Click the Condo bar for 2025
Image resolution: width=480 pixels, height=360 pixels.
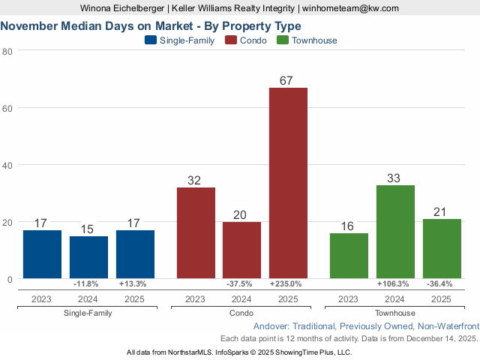tap(288, 183)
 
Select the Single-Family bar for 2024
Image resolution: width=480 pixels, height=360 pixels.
tap(88, 257)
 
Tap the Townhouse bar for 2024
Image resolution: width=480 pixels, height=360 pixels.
tap(395, 232)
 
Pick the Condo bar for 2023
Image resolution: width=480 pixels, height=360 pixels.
tap(196, 233)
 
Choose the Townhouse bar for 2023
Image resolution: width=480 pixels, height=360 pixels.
tap(349, 256)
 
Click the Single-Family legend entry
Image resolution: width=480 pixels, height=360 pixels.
tap(179, 40)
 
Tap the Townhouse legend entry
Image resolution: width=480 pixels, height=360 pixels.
tap(307, 40)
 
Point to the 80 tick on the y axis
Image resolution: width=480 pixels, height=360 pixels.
tap(7, 51)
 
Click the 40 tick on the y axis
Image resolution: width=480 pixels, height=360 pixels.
tap(7, 165)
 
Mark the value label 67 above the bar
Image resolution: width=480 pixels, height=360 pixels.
tap(288, 80)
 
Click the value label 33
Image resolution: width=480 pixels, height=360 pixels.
tap(395, 178)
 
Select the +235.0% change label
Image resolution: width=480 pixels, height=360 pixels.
tap(288, 284)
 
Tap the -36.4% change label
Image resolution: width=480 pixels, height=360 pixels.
tap(442, 284)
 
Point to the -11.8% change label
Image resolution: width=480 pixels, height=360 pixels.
tap(88, 284)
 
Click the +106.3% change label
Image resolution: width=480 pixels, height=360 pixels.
tap(395, 284)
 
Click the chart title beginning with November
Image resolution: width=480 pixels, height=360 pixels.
tap(151, 26)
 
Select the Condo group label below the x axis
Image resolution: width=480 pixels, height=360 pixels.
tap(241, 313)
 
